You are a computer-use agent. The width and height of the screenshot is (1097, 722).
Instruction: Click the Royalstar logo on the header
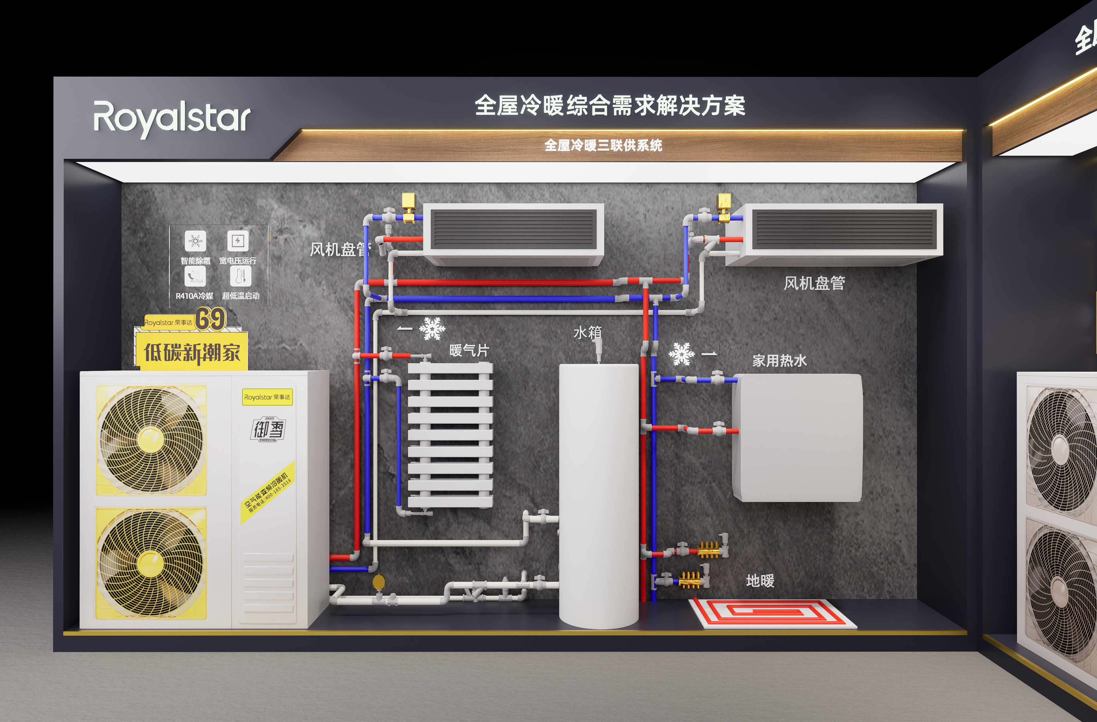pyautogui.click(x=172, y=119)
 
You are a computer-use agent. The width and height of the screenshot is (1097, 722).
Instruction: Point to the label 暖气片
pyautogui.click(x=469, y=350)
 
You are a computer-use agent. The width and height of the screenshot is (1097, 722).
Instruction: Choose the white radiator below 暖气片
pyautogui.click(x=450, y=435)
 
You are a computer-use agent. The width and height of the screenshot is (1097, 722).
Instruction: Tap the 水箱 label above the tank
pyautogui.click(x=587, y=332)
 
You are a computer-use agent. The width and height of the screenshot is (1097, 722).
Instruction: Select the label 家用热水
pyautogui.click(x=779, y=361)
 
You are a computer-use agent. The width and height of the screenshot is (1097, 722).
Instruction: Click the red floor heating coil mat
pyautogui.click(x=773, y=613)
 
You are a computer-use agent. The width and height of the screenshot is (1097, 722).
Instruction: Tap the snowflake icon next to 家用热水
pyautogui.click(x=681, y=354)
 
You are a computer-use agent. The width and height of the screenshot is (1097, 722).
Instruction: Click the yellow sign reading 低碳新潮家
pyautogui.click(x=192, y=352)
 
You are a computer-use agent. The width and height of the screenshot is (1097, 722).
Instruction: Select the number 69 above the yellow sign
pyautogui.click(x=210, y=319)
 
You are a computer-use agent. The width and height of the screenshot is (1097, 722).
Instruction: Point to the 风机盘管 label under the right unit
pyautogui.click(x=814, y=283)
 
